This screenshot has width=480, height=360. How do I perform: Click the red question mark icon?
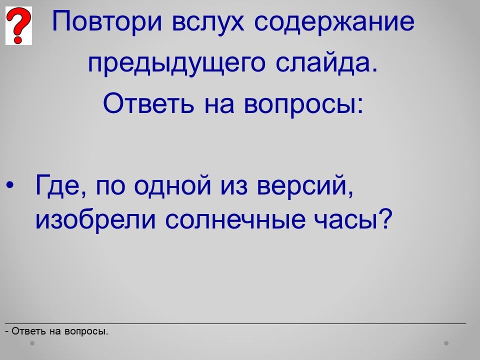18,25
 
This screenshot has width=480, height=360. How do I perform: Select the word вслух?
208,22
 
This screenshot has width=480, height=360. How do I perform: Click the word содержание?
334,22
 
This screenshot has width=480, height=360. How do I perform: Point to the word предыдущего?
176,63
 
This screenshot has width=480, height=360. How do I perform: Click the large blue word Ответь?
148,103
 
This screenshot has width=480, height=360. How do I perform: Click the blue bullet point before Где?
10,185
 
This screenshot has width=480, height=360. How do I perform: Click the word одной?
172,184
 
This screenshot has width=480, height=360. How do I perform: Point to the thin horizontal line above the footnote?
235,323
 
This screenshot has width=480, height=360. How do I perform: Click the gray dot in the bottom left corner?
32,343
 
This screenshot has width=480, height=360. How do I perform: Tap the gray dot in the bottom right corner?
446,343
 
